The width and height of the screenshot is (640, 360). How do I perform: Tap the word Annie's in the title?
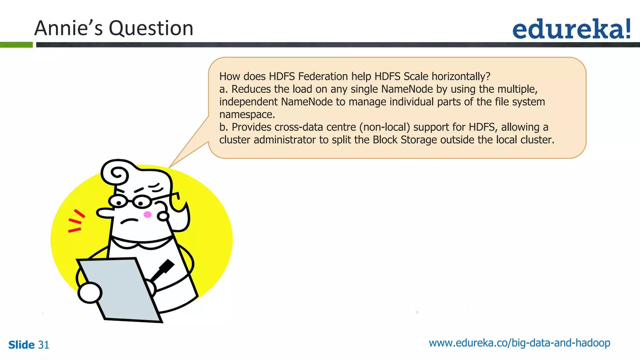click(68, 28)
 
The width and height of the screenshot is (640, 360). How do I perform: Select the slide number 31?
click(43, 345)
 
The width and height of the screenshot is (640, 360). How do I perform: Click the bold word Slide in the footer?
click(21, 345)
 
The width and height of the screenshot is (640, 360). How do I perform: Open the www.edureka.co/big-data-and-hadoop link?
click(519, 343)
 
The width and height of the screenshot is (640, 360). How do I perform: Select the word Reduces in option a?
click(251, 89)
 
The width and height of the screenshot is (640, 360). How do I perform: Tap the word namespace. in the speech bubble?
click(247, 114)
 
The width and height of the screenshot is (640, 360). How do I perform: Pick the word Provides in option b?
click(252, 127)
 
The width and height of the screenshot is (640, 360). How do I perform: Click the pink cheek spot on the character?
click(147, 214)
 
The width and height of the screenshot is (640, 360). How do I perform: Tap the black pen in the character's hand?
click(163, 269)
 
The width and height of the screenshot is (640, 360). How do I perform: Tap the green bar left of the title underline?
click(16, 45)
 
